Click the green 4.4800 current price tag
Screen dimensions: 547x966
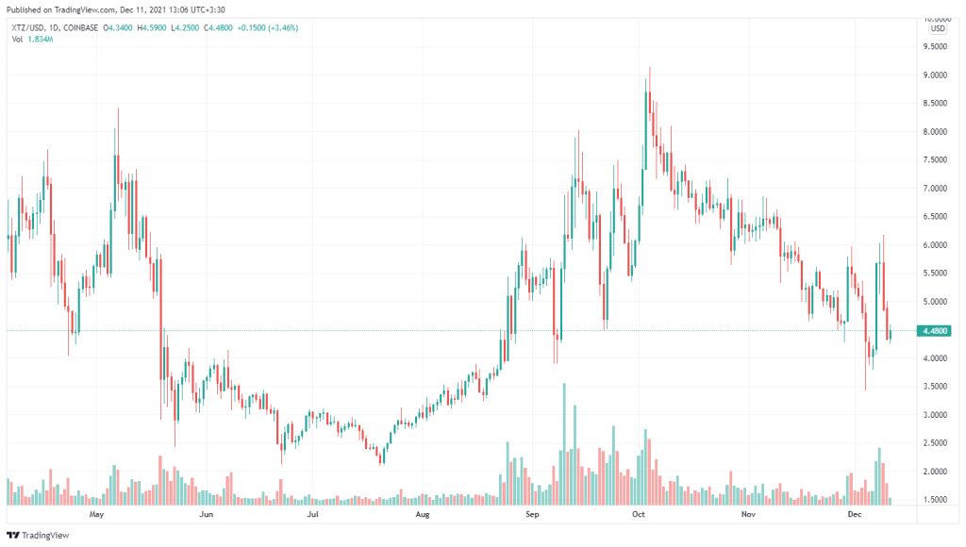pyautogui.click(x=935, y=331)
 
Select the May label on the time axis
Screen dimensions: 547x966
pyautogui.click(x=95, y=516)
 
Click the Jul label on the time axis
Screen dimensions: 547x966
pyautogui.click(x=312, y=516)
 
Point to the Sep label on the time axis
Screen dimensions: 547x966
pyautogui.click(x=532, y=516)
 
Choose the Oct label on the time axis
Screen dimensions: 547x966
pyautogui.click(x=639, y=516)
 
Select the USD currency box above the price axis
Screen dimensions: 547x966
pyautogui.click(x=937, y=28)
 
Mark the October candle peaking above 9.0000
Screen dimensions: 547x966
pyautogui.click(x=649, y=94)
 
